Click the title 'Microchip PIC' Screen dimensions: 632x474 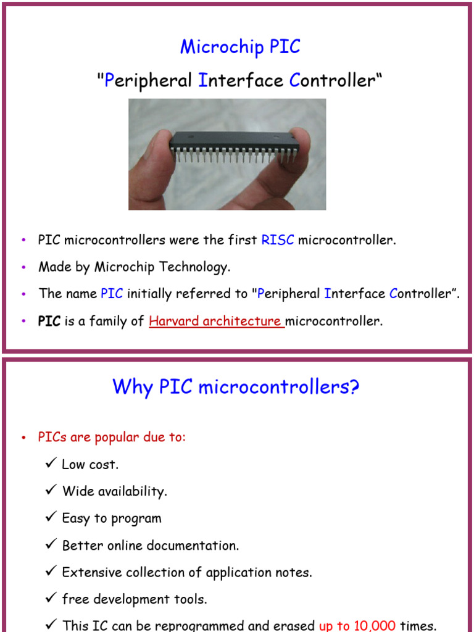pos(240,47)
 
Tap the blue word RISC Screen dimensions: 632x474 pos(278,240)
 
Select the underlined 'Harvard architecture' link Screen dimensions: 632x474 pos(216,321)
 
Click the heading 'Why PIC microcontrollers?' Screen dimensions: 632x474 pos(236,387)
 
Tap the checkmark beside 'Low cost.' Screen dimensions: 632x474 pos(51,463)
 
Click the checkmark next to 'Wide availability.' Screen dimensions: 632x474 pos(51,490)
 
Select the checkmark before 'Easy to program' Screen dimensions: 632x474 pos(51,517)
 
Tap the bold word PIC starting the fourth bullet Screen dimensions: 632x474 pos(49,321)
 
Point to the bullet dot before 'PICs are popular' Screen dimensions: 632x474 pos(23,438)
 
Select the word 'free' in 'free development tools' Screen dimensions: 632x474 pos(74,599)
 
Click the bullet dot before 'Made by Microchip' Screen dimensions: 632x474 pos(23,267)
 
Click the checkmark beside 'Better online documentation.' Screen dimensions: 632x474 pos(51,544)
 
